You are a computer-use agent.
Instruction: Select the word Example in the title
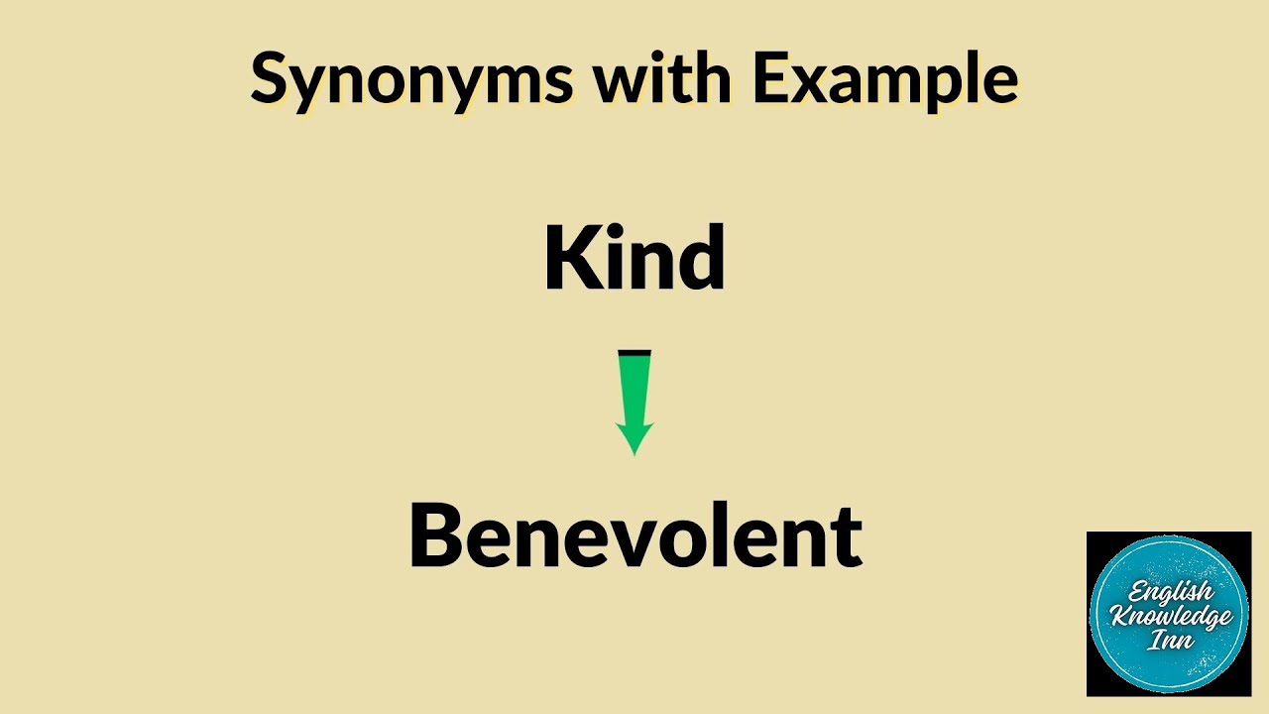click(884, 78)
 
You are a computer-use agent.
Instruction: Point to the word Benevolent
click(634, 535)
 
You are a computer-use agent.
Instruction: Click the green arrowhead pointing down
click(634, 436)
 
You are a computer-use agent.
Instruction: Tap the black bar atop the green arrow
click(634, 352)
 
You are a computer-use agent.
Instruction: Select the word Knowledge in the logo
click(1170, 616)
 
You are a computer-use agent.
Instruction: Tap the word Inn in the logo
click(1170, 641)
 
